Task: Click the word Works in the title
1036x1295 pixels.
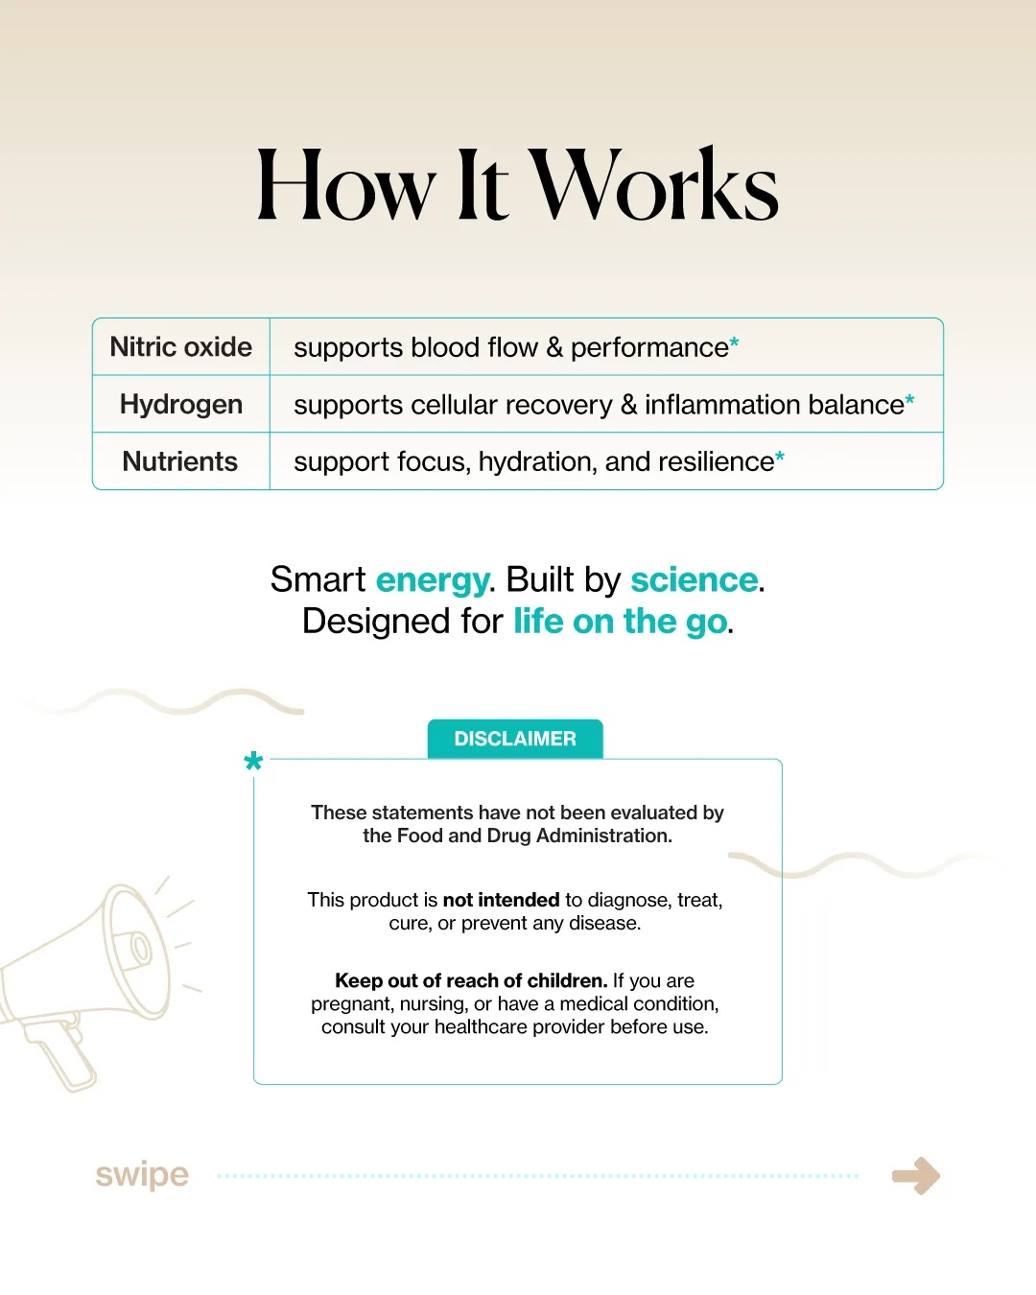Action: (x=654, y=185)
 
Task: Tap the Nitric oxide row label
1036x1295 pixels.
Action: (x=181, y=347)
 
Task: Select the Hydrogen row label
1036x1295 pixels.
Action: (x=181, y=405)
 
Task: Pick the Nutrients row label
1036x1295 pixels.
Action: (x=180, y=461)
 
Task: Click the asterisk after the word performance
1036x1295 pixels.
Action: (x=735, y=342)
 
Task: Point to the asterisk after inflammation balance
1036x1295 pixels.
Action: (x=909, y=400)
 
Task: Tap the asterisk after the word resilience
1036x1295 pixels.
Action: (x=780, y=458)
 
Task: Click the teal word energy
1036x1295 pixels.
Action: (x=433, y=580)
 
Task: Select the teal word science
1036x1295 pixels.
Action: (x=695, y=580)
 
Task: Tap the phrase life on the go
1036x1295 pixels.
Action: (x=620, y=622)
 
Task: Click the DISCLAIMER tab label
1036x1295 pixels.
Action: (x=515, y=739)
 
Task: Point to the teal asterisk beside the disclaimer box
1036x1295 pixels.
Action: (x=253, y=763)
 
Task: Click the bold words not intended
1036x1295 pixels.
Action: (x=501, y=900)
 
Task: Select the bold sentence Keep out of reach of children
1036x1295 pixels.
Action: (x=471, y=980)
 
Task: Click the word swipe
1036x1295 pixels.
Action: (x=142, y=1174)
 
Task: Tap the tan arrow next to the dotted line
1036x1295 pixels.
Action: (x=916, y=1175)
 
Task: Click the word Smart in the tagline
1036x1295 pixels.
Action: (x=318, y=580)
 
